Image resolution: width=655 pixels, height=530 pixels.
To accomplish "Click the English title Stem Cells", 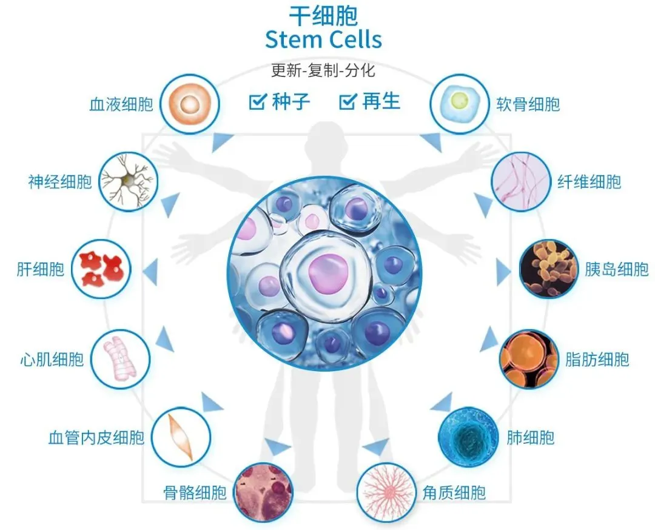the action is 323,39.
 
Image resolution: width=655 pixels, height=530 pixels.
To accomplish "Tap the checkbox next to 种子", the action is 258,101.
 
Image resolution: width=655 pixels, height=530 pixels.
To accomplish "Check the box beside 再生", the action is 348,101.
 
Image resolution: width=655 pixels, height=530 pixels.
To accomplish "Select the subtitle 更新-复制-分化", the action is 323,70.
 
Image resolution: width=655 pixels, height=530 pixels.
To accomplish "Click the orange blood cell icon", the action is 190,104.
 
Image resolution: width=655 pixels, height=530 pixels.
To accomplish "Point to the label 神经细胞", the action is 60,182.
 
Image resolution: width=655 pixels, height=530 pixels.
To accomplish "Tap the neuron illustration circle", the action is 129,182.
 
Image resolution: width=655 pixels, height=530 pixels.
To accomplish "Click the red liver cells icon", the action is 101,269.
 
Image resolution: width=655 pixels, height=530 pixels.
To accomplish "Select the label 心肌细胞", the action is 52,359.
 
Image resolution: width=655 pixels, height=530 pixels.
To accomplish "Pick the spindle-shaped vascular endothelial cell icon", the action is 181,437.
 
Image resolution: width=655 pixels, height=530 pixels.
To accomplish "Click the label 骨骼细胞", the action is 195,493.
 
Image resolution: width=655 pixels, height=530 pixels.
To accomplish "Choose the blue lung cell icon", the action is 468,437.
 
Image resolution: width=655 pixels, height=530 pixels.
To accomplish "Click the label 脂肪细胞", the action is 597,359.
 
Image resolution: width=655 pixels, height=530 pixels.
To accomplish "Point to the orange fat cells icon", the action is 529,359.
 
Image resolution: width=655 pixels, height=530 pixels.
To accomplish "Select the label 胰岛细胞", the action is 617,269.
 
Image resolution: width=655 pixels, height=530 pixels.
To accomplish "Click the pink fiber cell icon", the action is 520,182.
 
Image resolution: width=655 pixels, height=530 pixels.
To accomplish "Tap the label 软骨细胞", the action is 528,104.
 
